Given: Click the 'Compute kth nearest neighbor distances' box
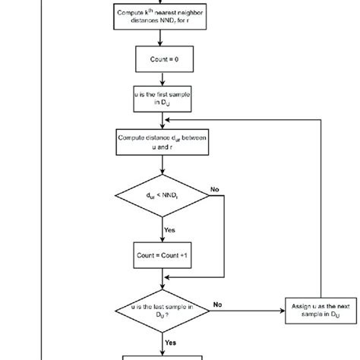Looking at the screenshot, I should pyautogui.click(x=161, y=16).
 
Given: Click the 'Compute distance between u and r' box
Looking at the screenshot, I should pyautogui.click(x=161, y=141).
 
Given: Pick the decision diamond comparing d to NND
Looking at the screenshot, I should pyautogui.click(x=161, y=199).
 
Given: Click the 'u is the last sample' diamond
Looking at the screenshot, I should pyautogui.click(x=161, y=311).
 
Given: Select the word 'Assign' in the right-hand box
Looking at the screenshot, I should pyautogui.click(x=302, y=305).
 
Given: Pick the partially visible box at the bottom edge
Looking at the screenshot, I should pyautogui.click(x=161, y=356).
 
